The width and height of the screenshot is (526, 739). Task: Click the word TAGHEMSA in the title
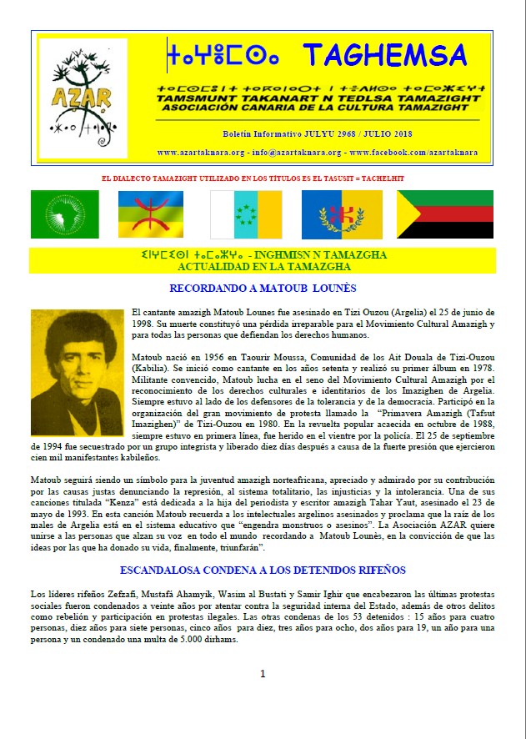tap(384, 55)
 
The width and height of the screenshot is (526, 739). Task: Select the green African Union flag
tap(64, 214)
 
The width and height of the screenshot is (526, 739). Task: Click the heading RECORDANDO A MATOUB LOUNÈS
tap(263, 289)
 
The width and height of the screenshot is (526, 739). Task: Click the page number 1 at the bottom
tap(263, 673)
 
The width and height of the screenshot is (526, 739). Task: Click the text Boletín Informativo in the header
tap(255, 133)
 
